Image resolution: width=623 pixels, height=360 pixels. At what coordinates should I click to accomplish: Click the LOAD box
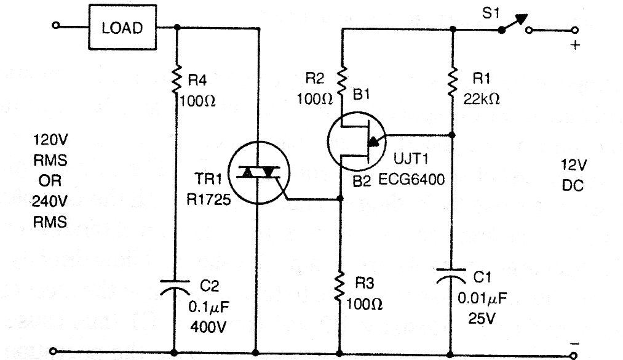pos(122,28)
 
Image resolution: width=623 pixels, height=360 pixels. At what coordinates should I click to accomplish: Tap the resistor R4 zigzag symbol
pos(177,81)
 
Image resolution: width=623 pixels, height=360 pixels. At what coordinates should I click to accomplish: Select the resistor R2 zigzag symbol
pos(341,81)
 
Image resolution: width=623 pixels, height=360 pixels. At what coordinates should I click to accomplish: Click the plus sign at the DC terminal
pos(575,45)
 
